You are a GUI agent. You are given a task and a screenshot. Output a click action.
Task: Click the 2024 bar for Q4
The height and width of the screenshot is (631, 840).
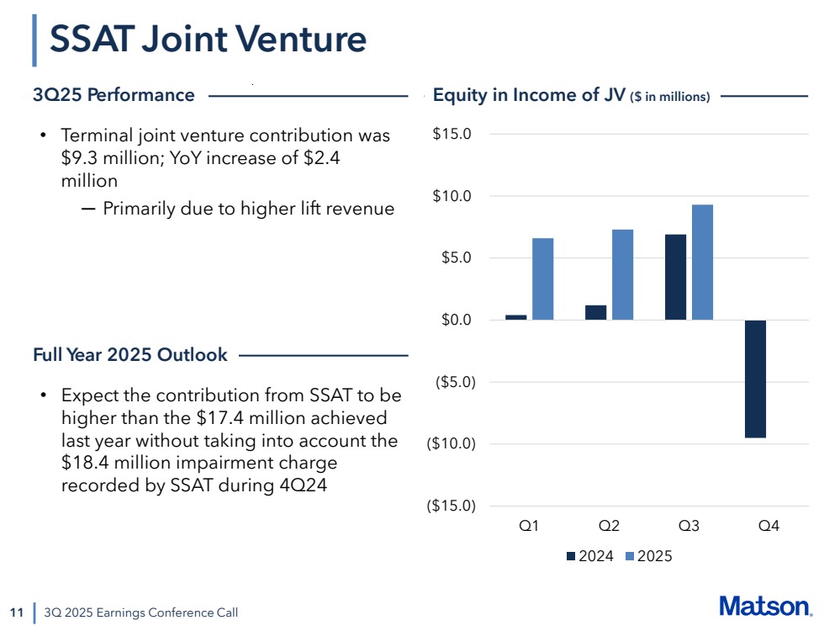pos(755,379)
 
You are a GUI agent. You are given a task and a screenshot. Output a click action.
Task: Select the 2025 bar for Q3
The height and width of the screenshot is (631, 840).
pos(702,262)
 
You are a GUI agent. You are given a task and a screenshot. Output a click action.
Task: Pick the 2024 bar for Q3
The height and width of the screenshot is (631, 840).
pos(675,277)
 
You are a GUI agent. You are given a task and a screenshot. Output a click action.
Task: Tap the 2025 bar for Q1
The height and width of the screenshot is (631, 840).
pos(542,278)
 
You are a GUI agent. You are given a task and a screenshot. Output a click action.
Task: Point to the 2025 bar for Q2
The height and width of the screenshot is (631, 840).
pos(622,274)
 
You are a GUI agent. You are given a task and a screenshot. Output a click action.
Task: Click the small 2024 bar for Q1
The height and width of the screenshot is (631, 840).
pos(515,317)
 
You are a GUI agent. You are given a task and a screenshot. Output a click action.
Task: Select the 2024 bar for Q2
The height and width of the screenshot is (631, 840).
pos(595,312)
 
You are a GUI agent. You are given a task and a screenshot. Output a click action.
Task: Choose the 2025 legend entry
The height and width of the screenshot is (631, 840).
pos(648,556)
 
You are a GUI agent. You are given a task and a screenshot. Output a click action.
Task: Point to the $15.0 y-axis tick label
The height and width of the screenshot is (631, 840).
pos(452,134)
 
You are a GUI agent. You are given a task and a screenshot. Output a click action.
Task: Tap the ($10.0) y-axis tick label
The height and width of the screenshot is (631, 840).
pos(449,443)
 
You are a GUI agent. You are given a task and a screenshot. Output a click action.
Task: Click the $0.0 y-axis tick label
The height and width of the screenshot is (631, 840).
pos(455,320)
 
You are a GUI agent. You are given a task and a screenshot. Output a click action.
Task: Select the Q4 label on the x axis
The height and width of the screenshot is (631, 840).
pos(769,526)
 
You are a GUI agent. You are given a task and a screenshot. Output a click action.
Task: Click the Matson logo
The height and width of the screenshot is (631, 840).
pos(765,606)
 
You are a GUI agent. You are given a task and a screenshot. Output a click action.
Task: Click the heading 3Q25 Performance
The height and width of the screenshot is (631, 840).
pos(114,95)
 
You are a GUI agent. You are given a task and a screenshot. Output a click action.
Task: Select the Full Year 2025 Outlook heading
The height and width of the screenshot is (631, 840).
pos(129,355)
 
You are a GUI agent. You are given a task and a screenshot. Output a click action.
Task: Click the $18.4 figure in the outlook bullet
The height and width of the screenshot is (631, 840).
pos(82,464)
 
